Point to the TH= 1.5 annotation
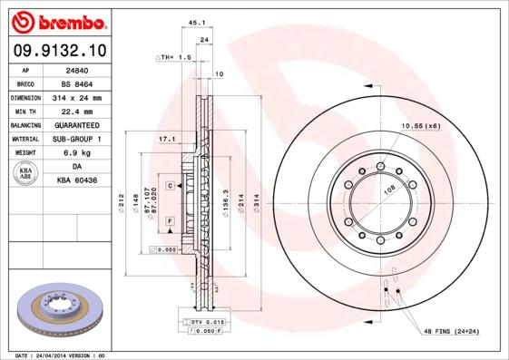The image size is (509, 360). pyautogui.click(x=173, y=56)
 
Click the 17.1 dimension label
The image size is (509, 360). pyautogui.click(x=166, y=140)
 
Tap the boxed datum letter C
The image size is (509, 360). pyautogui.click(x=170, y=185)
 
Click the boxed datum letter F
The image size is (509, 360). pyautogui.click(x=169, y=221)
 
